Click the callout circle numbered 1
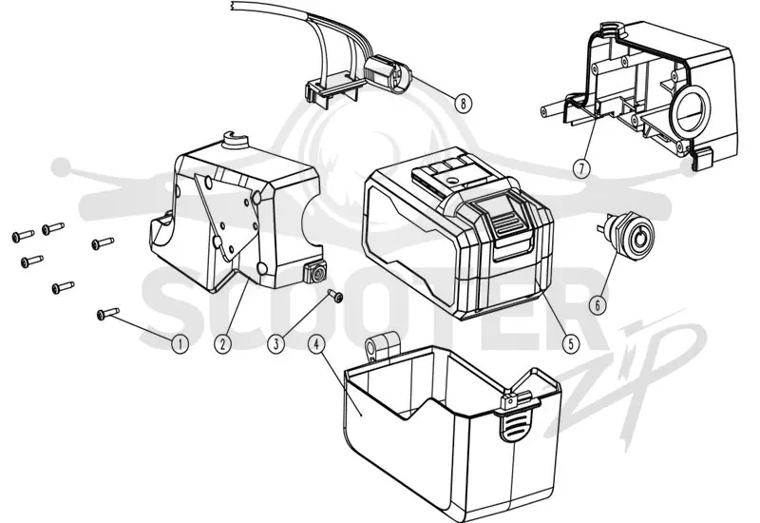pyautogui.click(x=180, y=344)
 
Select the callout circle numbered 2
pyautogui.click(x=222, y=344)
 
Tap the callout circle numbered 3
pyautogui.click(x=275, y=344)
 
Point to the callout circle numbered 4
pyautogui.click(x=316, y=344)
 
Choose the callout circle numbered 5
pyautogui.click(x=571, y=343)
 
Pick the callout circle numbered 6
pyautogui.click(x=598, y=304)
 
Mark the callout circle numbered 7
pyautogui.click(x=581, y=168)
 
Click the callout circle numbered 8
pyautogui.click(x=464, y=103)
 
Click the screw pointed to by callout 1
pyautogui.click(x=108, y=314)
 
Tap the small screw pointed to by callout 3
pyautogui.click(x=335, y=295)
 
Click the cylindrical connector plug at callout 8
pyautogui.click(x=387, y=74)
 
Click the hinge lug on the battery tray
pyautogui.click(x=382, y=347)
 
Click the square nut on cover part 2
pyautogui.click(x=316, y=274)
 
